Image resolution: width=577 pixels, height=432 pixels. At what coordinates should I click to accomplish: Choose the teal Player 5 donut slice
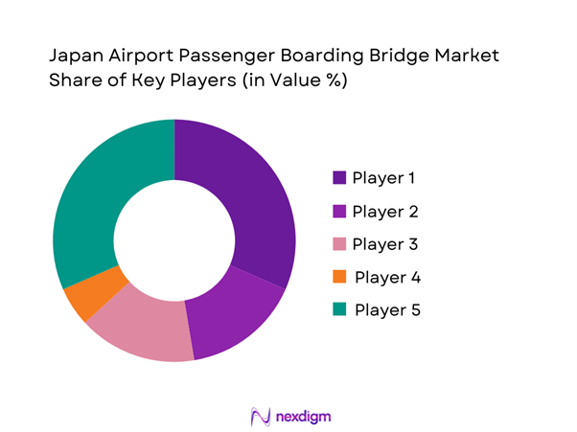point(92,201)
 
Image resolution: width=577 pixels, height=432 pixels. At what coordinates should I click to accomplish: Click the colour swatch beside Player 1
point(339,178)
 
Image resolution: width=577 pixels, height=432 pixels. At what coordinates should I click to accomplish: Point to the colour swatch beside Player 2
point(339,212)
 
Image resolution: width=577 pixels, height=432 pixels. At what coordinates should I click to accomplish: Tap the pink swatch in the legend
point(339,244)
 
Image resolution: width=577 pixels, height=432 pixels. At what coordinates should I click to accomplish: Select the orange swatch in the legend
point(339,278)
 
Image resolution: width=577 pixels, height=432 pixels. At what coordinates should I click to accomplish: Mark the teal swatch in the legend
point(339,310)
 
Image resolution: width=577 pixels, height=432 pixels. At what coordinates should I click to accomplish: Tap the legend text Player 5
point(387,310)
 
